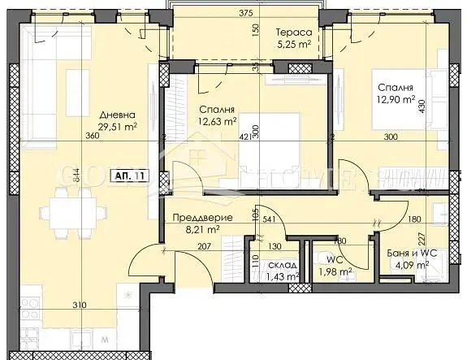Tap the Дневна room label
pyautogui.click(x=112, y=115)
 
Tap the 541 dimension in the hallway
pyautogui.click(x=269, y=217)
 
